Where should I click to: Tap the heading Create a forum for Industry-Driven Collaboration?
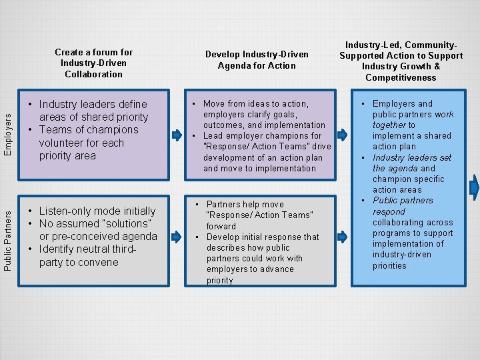coord(94,63)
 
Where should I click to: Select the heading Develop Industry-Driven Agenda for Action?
coord(257,60)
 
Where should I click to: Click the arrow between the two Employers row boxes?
coord(177,135)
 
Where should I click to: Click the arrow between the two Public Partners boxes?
coord(177,236)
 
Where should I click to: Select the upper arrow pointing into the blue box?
coord(343,135)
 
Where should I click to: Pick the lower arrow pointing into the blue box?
coord(343,236)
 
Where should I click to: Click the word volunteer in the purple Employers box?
coord(62,143)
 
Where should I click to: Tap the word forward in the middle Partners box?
coord(221,226)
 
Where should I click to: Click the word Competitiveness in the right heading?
coord(401,78)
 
